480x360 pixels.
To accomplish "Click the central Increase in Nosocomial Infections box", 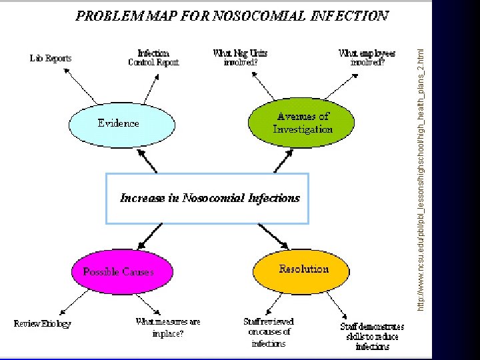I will (x=207, y=198).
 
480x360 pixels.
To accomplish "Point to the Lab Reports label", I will (x=51, y=58).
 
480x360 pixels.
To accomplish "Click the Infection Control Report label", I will (x=153, y=58).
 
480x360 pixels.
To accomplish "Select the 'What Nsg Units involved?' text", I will (x=235, y=58).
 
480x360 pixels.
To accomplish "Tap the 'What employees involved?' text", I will (x=367, y=58).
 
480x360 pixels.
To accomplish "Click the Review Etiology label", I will (x=43, y=323).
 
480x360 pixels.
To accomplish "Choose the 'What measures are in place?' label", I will (x=167, y=327).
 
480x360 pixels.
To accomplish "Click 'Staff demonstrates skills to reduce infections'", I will (x=372, y=336).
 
